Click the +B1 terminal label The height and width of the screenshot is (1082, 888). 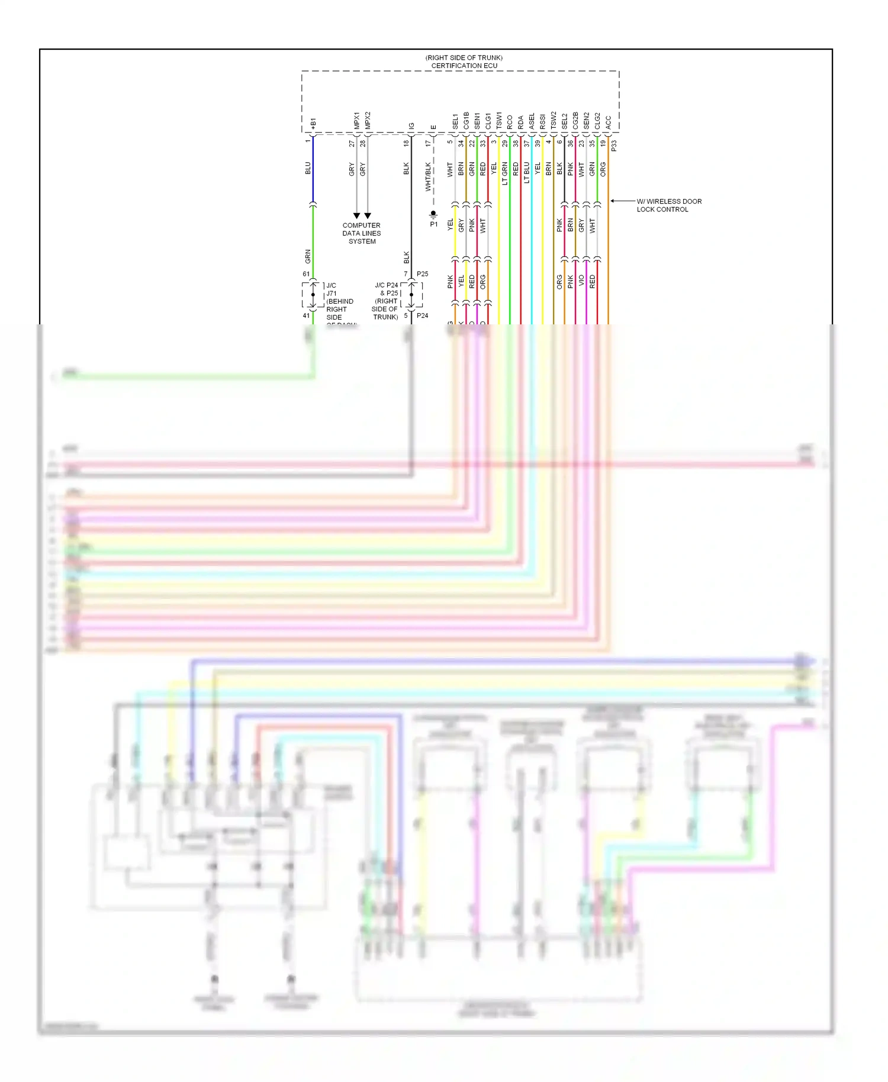coord(313,124)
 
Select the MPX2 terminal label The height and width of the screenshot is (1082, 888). coord(368,120)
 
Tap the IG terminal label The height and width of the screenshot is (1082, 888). coord(411,126)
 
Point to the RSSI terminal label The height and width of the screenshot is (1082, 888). coord(542,121)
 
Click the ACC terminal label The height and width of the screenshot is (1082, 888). coord(608,123)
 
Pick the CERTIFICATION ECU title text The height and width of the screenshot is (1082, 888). coord(464,66)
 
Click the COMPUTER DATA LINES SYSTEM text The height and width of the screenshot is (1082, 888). coord(362,233)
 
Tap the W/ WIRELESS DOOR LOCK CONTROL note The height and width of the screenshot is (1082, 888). coord(668,205)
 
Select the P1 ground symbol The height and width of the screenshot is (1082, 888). coord(433,214)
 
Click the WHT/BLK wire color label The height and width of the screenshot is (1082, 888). coord(428,177)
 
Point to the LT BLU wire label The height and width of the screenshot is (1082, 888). coord(526,172)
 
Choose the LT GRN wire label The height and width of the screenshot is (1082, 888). coord(504,173)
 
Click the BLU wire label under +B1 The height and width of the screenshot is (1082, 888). coord(308,168)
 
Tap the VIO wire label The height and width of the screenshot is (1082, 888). coord(581,281)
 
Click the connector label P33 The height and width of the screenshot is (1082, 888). coord(614,145)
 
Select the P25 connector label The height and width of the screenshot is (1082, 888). coord(422,274)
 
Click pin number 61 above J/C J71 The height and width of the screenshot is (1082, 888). coord(306,274)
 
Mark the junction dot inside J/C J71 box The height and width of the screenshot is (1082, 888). coord(313,295)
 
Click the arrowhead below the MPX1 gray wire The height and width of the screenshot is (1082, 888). coord(356,215)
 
